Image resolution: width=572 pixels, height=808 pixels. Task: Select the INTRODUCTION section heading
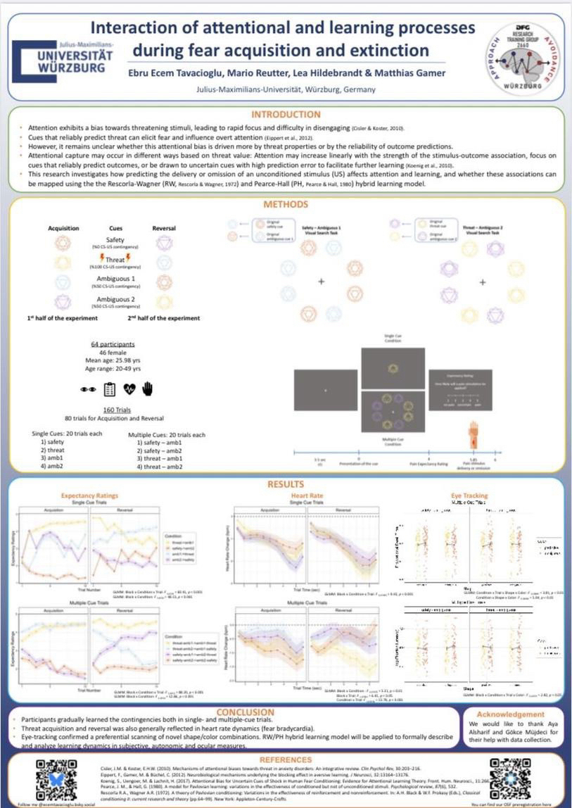(285, 114)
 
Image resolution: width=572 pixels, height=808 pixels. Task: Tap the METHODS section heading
(285, 205)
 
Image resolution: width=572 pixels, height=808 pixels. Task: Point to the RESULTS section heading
(286, 484)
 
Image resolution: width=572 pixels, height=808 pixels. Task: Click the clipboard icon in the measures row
(110, 388)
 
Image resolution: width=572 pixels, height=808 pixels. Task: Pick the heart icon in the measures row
(129, 388)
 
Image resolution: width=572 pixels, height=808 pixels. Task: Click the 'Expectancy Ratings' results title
(89, 495)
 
